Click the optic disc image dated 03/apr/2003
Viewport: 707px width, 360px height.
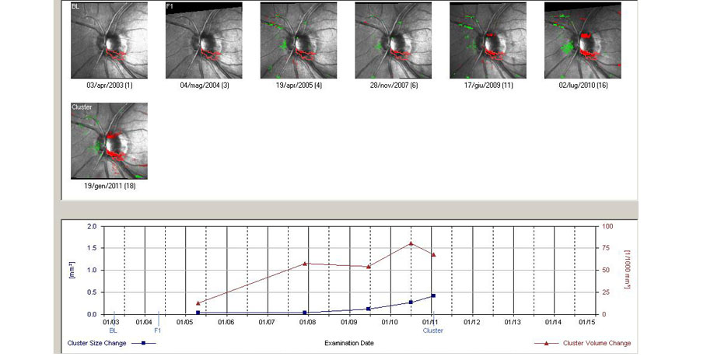pos(109,40)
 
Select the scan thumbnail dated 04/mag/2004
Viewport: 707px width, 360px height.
pos(204,40)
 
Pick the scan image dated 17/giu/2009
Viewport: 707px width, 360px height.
pos(488,40)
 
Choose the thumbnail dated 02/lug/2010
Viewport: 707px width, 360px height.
pos(583,40)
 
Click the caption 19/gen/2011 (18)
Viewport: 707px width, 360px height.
pos(109,186)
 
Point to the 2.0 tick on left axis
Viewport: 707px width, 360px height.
pos(92,226)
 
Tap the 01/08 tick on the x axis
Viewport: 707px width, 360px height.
pos(307,321)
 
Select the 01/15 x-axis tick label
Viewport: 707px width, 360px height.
pos(585,321)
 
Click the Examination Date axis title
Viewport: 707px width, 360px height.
pos(349,343)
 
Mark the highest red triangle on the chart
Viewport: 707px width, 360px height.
pos(411,243)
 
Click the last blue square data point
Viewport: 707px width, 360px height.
pos(433,295)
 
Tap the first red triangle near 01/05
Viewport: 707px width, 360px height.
pos(198,303)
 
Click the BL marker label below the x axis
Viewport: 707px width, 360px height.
pos(114,330)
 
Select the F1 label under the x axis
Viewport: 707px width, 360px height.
pos(157,330)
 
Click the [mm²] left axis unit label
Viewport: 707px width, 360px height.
pos(72,271)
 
